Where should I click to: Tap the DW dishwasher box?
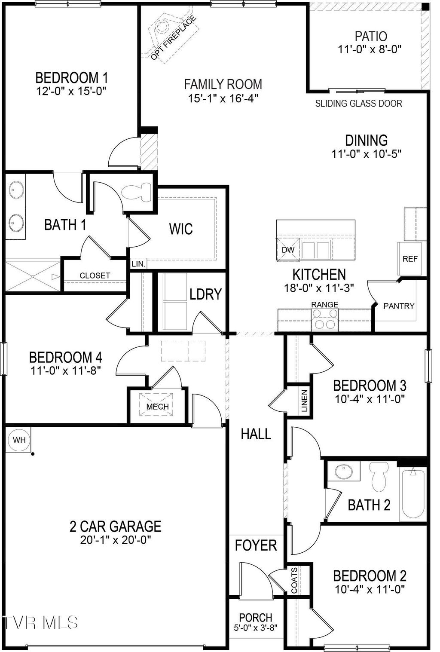[x=288, y=249]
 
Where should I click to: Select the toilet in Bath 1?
[x=137, y=193]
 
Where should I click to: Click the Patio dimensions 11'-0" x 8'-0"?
[x=370, y=49]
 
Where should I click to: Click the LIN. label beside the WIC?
[x=138, y=264]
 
